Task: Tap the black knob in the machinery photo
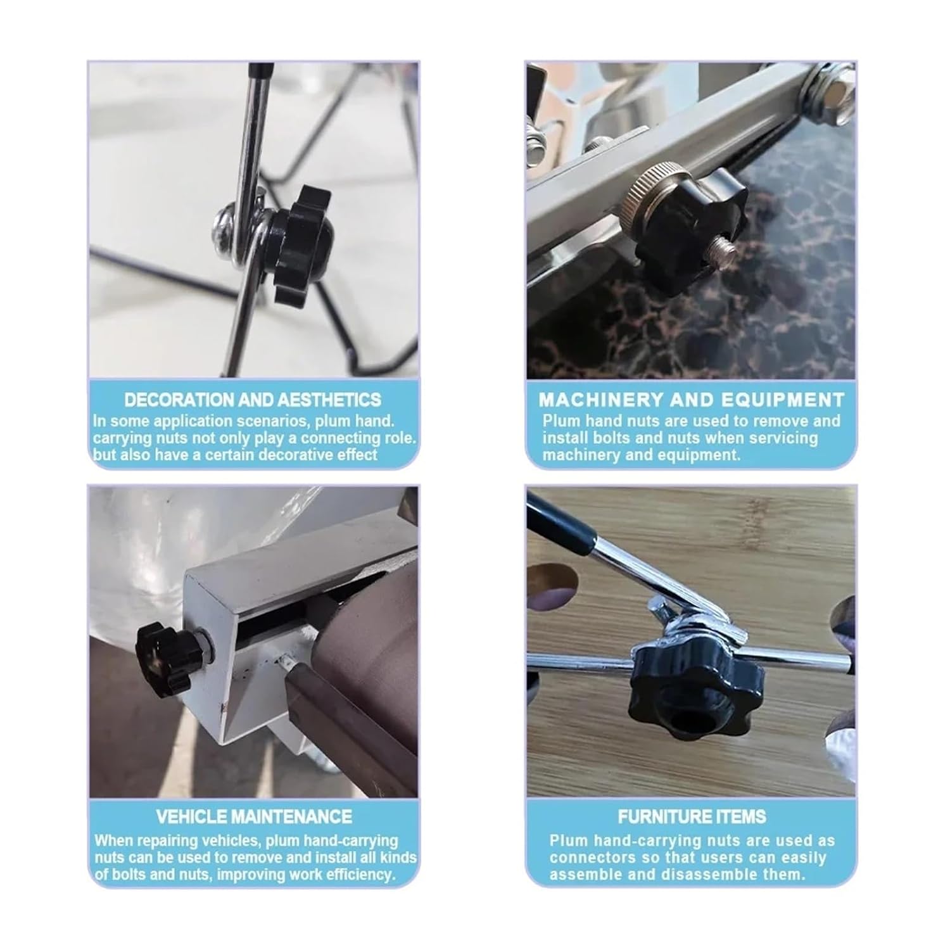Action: [x=687, y=239]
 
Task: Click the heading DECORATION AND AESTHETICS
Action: [x=253, y=400]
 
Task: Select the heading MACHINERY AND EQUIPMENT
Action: [x=692, y=400]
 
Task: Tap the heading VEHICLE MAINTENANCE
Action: [x=253, y=816]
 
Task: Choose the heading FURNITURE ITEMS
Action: [x=692, y=816]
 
